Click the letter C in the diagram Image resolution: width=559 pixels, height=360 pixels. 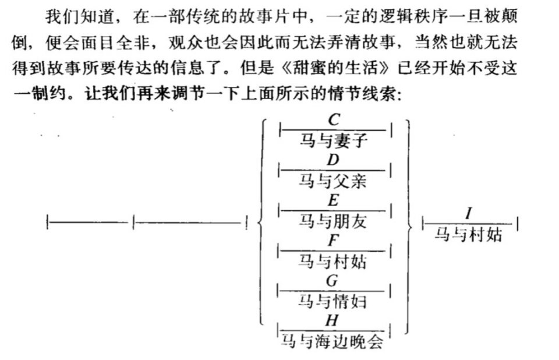(334, 119)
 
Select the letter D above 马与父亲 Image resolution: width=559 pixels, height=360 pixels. (333, 160)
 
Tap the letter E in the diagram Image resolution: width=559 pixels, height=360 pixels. (333, 200)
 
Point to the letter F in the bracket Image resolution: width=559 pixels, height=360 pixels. (333, 241)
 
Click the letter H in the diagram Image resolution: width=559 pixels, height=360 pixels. (332, 320)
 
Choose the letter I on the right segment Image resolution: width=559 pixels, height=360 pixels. (469, 213)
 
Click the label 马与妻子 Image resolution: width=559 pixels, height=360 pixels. (333, 140)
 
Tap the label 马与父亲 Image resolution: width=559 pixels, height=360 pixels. (332, 181)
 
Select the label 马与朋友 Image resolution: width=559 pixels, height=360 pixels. (332, 221)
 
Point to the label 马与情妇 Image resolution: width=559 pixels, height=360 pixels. (332, 302)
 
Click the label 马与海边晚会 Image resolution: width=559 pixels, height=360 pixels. (332, 341)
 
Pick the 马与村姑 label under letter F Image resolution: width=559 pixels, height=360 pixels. (332, 262)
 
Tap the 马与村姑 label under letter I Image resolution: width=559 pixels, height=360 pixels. (468, 235)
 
